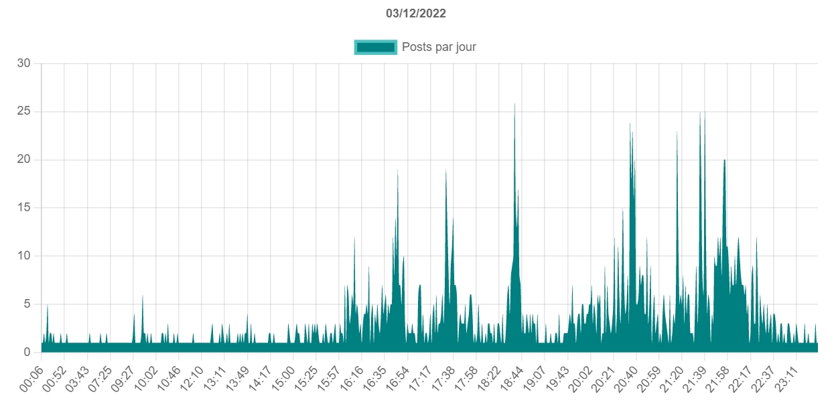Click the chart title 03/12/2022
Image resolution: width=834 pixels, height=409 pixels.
416,13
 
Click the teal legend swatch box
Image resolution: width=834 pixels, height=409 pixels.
375,47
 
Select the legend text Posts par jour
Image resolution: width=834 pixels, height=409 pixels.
439,47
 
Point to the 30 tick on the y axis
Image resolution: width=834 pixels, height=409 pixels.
24,63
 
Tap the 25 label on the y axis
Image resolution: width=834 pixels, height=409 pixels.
24,111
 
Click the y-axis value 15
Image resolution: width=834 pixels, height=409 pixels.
24,208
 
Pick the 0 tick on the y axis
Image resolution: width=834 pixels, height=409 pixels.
27,353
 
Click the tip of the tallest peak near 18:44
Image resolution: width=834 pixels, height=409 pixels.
514,103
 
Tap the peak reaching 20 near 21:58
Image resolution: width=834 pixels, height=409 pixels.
724,160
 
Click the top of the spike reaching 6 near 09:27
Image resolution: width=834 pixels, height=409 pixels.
142,295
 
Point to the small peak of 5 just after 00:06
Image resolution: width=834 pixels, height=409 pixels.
47,304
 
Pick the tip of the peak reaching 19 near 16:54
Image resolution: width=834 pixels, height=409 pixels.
398,170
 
